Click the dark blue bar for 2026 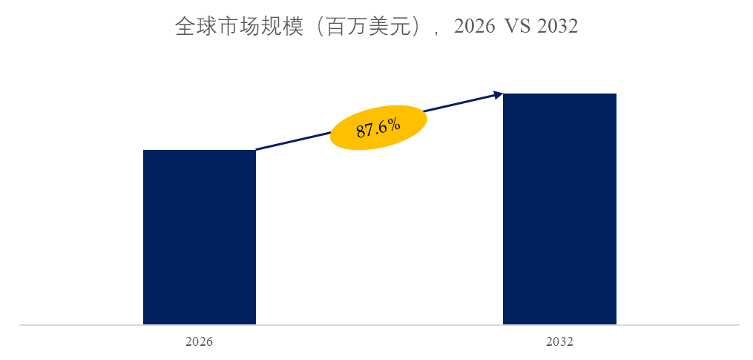pyautogui.click(x=199, y=238)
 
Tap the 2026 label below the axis pyautogui.click(x=199, y=342)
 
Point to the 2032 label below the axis pyautogui.click(x=559, y=342)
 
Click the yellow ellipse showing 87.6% pyautogui.click(x=378, y=127)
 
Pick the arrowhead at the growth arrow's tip pyautogui.click(x=499, y=94)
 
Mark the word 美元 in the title pyautogui.click(x=374, y=27)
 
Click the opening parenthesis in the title pyautogui.click(x=310, y=28)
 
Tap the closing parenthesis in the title pyautogui.click(x=401, y=28)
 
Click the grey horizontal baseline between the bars pyautogui.click(x=378, y=325)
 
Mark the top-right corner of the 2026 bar pyautogui.click(x=255, y=151)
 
